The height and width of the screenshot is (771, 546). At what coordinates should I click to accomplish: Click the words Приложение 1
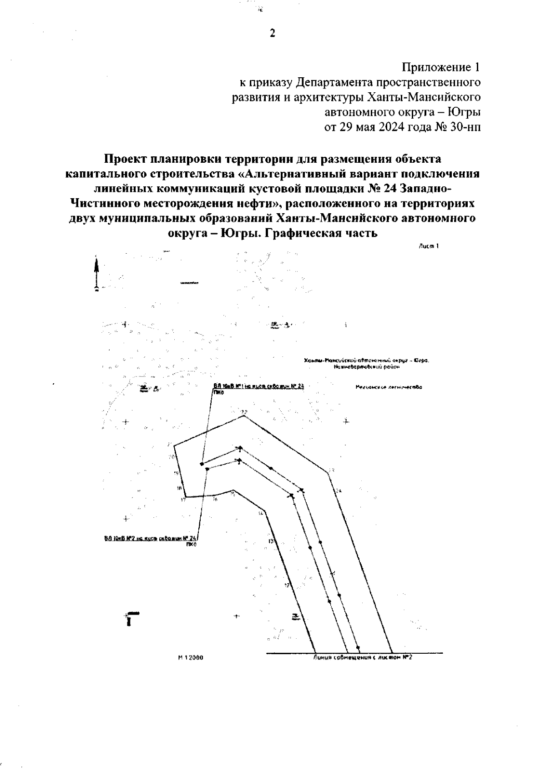pos(441,68)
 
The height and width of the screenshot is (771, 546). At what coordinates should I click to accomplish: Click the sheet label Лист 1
pos(428,246)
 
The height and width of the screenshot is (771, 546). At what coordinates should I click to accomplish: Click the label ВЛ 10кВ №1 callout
pos(258,386)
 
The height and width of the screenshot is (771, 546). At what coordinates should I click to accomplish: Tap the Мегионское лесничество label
pos(389,388)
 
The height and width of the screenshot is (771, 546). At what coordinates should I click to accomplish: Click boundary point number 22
pos(244,412)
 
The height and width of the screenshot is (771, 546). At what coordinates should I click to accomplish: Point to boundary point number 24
pos(339,491)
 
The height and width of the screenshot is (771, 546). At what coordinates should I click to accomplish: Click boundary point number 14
pos(260,513)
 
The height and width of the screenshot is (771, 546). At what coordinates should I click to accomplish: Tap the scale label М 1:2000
pos(190,657)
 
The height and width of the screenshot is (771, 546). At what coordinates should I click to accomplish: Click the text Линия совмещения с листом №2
pos(363,657)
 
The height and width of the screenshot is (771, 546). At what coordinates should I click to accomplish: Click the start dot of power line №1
pos(202,464)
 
